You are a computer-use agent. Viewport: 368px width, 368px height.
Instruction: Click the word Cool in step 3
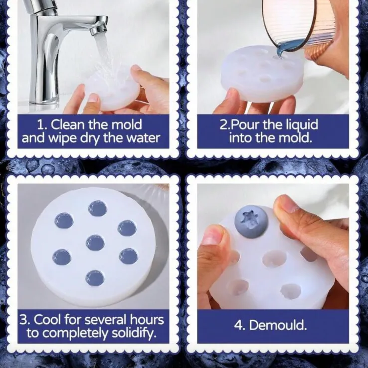click(x=48, y=319)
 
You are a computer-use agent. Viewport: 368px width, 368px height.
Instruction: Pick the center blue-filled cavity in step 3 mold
click(x=95, y=243)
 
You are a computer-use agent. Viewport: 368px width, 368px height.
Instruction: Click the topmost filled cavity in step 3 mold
click(x=98, y=208)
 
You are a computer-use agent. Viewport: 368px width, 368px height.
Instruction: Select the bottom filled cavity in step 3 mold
click(x=95, y=278)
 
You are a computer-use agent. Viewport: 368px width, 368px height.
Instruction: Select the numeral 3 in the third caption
click(x=23, y=320)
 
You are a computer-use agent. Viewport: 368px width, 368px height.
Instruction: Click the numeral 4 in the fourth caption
click(x=238, y=326)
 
